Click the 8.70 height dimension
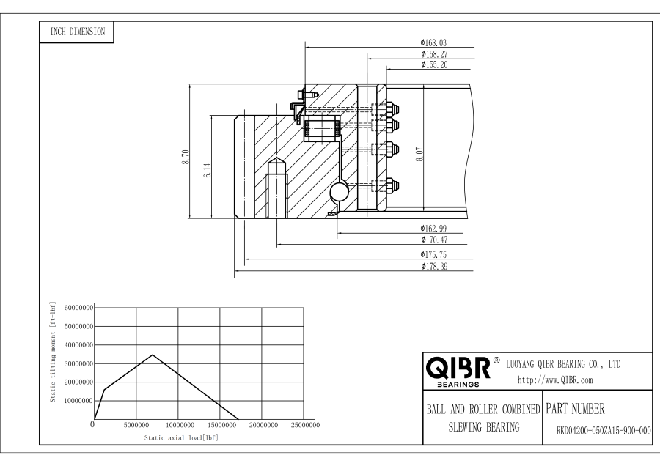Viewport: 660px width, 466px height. pos(185,158)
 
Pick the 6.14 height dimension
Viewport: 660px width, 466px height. pos(208,171)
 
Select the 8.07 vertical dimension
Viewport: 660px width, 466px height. pos(419,154)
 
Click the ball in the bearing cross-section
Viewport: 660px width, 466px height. pos(341,192)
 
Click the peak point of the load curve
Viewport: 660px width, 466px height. pos(153,355)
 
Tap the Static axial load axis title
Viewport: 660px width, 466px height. pos(180,437)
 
